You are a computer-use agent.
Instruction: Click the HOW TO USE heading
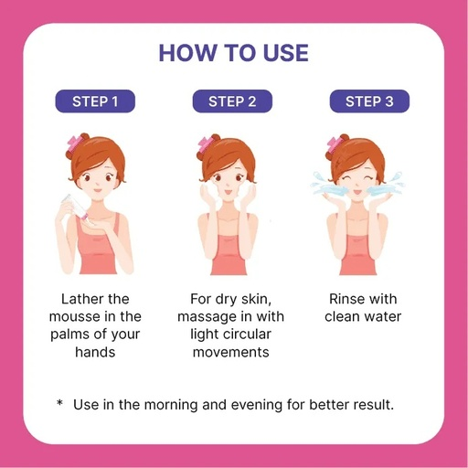click(x=234, y=53)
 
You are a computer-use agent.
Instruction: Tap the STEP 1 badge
click(x=95, y=101)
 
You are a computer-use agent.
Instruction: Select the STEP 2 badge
click(x=232, y=101)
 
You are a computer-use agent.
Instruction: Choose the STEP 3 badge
click(x=369, y=101)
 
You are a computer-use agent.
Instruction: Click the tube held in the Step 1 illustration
click(x=75, y=207)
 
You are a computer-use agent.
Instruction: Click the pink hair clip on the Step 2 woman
click(x=204, y=145)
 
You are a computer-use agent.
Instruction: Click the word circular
click(x=246, y=335)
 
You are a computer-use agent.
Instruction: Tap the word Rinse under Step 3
click(x=345, y=299)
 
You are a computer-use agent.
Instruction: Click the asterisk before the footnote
click(x=59, y=403)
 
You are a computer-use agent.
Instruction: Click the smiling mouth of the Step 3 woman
click(x=357, y=192)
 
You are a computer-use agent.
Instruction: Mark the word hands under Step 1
click(x=95, y=352)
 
